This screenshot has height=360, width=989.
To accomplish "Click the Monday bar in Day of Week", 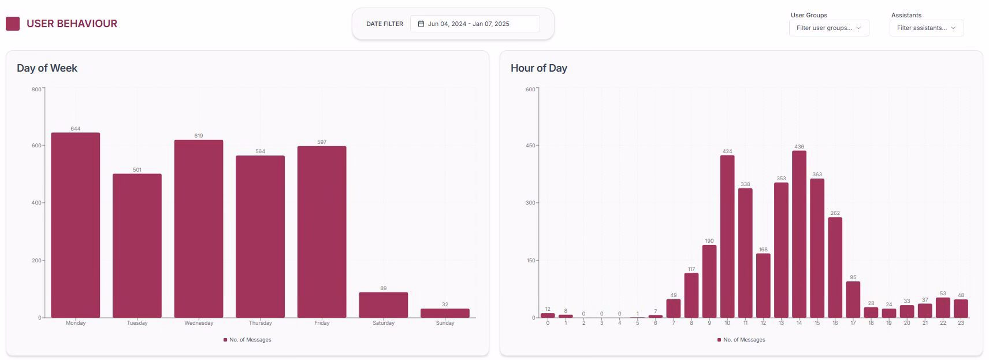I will tap(75, 225).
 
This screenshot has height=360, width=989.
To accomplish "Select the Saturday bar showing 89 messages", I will tap(383, 305).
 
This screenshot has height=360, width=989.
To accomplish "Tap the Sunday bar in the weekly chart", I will tap(445, 313).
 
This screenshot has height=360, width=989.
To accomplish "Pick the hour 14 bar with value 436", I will tap(799, 234).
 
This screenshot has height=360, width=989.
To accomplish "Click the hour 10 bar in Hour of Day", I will tap(727, 236).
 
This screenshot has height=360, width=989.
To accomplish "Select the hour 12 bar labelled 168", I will tap(763, 285).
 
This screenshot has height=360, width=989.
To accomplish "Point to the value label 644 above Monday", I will tap(75, 129).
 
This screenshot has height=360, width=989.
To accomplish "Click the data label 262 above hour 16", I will tap(835, 213).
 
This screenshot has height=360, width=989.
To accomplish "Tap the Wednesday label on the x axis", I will tap(199, 323).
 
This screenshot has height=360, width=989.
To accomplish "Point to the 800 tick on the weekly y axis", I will tap(36, 90).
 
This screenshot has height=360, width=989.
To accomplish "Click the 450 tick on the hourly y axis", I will tap(530, 146).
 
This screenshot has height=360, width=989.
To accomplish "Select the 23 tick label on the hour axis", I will tap(961, 323).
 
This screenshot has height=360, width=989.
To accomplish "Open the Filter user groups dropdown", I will tap(828, 28).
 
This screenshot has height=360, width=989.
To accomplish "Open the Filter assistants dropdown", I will tap(926, 28).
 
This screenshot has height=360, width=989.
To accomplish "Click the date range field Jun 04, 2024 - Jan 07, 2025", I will tap(474, 24).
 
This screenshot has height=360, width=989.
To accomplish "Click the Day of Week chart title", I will tap(47, 68).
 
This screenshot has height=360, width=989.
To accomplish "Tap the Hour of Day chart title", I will tap(538, 68).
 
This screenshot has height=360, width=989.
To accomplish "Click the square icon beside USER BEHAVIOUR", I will tap(13, 24).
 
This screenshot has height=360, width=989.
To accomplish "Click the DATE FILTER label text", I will tap(384, 24).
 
